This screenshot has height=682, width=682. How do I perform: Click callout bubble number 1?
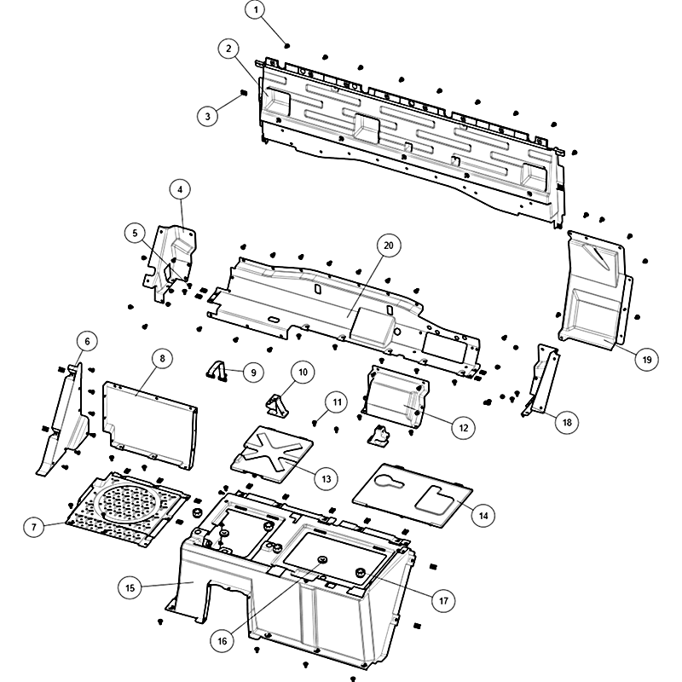coord(256,9)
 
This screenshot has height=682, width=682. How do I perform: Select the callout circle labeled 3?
coord(207,116)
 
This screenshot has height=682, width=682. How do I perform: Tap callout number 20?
coord(388,246)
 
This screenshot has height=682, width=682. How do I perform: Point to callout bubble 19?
coord(647,359)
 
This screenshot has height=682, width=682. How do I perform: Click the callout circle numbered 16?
coord(222,640)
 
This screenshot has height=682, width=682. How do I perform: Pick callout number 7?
coord(34,527)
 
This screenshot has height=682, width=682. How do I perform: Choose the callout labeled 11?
coord(337,402)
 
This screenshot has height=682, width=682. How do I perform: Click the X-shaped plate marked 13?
coord(272,454)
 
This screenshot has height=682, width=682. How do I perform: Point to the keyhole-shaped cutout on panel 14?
coord(390,480)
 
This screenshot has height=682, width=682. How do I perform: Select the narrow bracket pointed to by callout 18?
coord(540,379)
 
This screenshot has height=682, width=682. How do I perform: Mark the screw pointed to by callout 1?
coord(287,45)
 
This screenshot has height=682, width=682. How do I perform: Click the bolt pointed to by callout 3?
coord(244,92)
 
